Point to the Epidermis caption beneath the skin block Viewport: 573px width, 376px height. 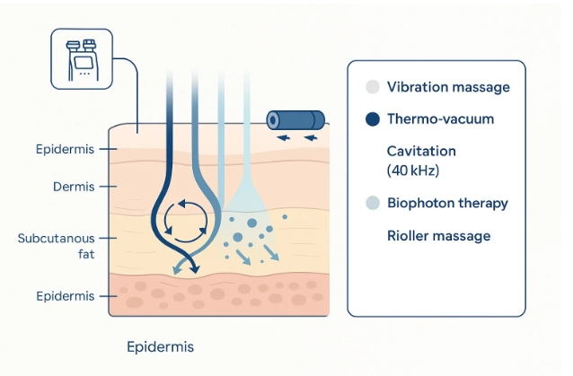(161, 345)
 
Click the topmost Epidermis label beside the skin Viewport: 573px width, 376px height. (63, 148)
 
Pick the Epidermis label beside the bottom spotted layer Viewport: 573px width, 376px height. (63, 295)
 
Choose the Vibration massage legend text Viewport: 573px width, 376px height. (448, 87)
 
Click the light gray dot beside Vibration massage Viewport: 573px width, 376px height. (372, 87)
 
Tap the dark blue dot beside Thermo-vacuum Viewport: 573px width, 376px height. (372, 118)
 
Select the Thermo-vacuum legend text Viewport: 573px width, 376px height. (440, 118)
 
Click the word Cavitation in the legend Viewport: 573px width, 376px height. (421, 151)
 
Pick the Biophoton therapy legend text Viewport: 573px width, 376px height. (447, 202)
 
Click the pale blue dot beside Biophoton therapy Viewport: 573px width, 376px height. (372, 203)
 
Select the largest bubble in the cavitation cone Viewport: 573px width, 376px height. (252, 223)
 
